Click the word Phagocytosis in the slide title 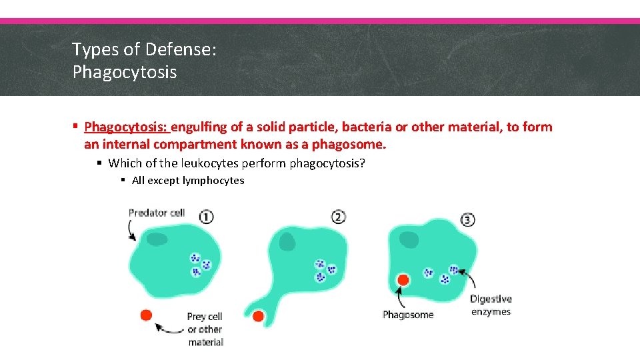[125, 72]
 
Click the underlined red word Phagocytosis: [127, 127]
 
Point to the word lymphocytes [213, 181]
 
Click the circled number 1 [206, 216]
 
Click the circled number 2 [338, 217]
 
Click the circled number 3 [468, 219]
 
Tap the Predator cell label [157, 213]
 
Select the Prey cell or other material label [205, 329]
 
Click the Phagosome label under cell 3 [408, 315]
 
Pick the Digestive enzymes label [491, 305]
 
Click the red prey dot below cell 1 [146, 315]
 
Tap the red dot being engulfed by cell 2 [258, 316]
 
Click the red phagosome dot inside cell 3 [403, 280]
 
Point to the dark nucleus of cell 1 [158, 239]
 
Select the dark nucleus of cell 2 [287, 242]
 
